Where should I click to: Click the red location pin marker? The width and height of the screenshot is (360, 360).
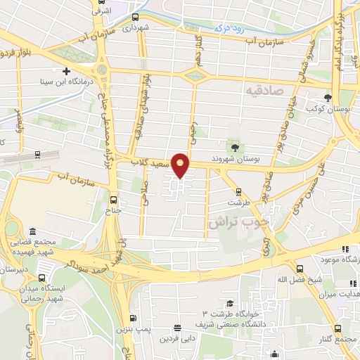coord(181,165)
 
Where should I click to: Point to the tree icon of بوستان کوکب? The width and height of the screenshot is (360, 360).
coord(328,98)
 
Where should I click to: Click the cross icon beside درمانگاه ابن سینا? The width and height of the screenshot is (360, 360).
coord(66,71)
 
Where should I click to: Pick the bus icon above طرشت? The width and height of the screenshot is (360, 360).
coord(239,191)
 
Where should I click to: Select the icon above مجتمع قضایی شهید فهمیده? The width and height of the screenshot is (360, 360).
coord(30,232)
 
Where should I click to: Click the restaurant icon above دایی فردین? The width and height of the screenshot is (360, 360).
coord(178,327)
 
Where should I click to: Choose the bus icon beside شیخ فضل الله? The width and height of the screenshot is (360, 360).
coord(300,268)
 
